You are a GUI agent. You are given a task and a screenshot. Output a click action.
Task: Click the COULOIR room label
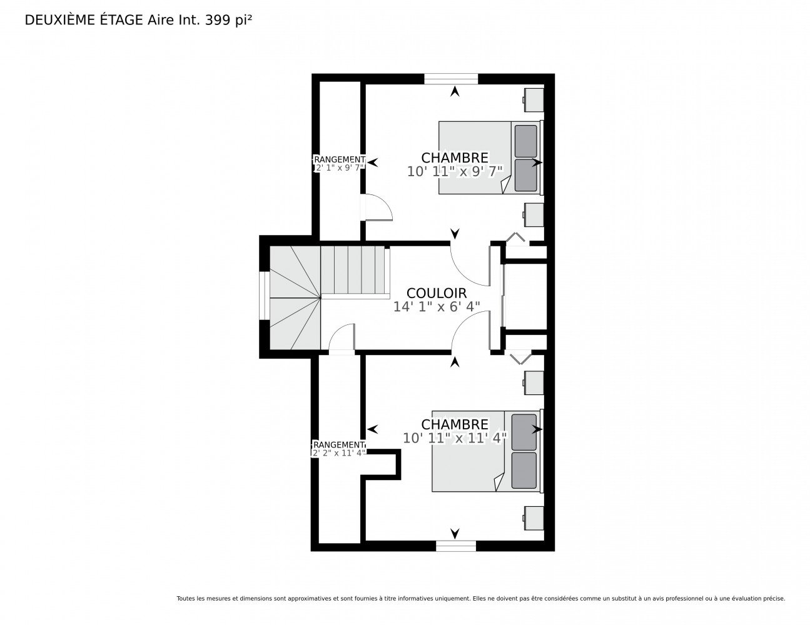tap(436, 293)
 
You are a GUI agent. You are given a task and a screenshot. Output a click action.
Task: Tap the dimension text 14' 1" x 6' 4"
tap(437, 306)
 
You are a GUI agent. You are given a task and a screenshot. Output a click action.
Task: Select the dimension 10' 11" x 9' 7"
tap(455, 171)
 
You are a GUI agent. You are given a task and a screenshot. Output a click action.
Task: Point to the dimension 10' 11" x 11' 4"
tap(455, 437)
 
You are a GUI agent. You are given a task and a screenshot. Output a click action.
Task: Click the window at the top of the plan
tap(451, 79)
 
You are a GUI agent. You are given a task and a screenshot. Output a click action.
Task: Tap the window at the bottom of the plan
tap(456, 546)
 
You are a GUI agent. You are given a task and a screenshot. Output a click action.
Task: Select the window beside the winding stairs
tap(265, 296)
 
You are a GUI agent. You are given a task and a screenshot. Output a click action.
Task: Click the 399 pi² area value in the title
tap(228, 20)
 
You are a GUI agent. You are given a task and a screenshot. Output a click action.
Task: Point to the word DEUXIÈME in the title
tap(59, 20)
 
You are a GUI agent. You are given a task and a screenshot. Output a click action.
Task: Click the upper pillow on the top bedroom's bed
tap(525, 141)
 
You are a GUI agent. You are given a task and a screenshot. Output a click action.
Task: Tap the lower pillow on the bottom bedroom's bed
tap(524, 470)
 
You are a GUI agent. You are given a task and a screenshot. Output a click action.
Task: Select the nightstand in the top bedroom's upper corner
tap(534, 100)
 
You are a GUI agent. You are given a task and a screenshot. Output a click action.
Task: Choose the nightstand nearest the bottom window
tap(534, 517)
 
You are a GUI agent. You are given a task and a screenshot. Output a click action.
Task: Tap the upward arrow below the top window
tap(454, 92)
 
